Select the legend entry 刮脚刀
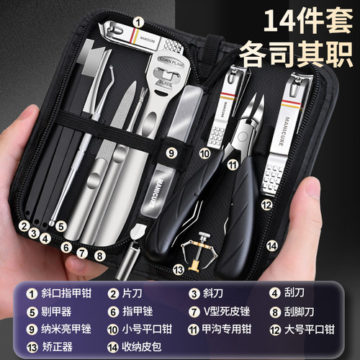pos(310,312)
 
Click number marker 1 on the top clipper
pos(135,22)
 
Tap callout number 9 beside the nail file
pos(171,153)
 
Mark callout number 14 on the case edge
pos(271,246)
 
